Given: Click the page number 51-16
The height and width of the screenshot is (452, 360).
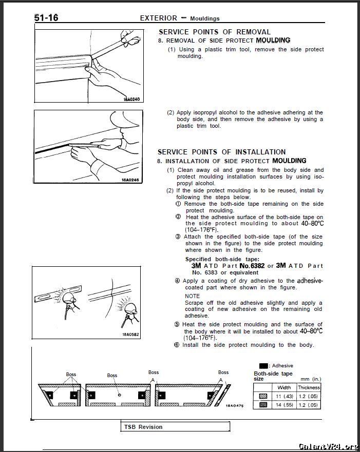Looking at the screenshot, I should click(x=46, y=18).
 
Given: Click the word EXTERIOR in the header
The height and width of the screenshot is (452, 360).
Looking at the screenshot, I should click(x=158, y=18).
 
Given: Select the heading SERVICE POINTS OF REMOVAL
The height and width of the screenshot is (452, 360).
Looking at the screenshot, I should click(x=215, y=32).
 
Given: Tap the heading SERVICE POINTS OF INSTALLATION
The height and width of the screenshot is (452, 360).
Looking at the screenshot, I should click(x=221, y=152).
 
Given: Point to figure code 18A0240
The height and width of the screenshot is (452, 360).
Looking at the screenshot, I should click(x=131, y=99).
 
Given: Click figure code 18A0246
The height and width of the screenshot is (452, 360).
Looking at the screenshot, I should click(x=130, y=180).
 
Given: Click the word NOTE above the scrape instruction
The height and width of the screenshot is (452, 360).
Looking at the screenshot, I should click(x=193, y=296).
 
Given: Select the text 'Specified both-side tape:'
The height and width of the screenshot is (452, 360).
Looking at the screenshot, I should click(x=222, y=259).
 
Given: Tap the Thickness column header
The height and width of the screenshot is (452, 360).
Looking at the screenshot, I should click(x=309, y=387).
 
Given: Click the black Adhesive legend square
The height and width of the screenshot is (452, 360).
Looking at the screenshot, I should click(x=263, y=366).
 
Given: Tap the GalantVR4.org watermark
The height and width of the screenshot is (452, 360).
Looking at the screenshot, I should click(x=328, y=446).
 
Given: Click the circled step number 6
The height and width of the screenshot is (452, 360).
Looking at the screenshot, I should click(x=177, y=345).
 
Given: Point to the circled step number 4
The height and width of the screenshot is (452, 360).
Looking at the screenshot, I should click(x=177, y=281).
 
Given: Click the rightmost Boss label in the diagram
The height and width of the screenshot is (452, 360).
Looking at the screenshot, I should click(x=223, y=372).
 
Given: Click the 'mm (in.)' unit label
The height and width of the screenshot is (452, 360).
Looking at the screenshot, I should click(x=311, y=379).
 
